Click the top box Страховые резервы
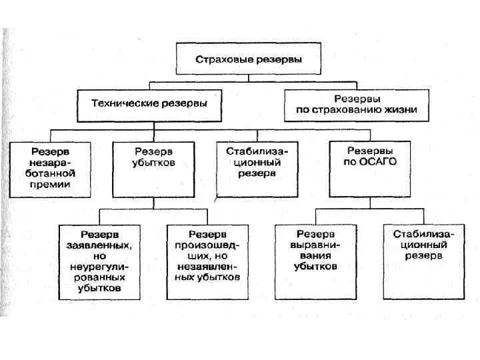(x=248, y=59)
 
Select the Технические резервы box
(x=149, y=104)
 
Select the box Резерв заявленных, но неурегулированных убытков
(x=99, y=262)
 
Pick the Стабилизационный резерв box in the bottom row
(x=423, y=262)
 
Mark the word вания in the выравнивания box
(x=315, y=256)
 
